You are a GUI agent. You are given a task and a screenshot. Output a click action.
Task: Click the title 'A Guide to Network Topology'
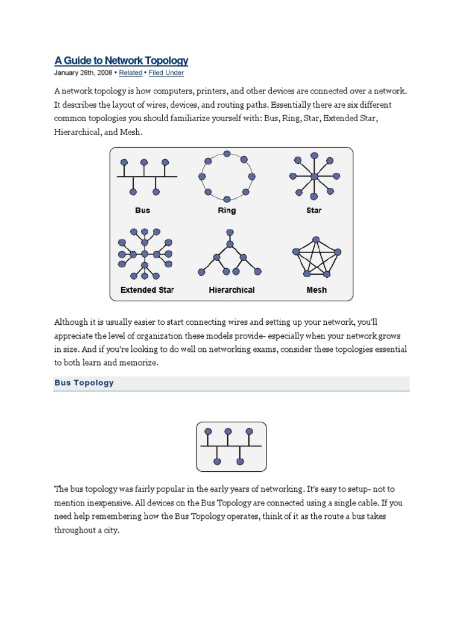click(121, 60)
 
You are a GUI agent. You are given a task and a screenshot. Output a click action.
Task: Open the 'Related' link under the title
click(131, 73)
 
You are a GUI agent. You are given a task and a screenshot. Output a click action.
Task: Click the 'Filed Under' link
click(166, 73)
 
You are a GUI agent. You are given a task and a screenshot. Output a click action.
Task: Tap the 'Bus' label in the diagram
click(143, 210)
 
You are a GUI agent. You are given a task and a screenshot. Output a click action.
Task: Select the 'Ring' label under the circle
click(227, 210)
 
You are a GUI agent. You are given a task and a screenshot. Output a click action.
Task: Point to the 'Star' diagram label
click(314, 210)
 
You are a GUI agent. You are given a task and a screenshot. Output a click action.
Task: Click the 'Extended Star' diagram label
click(147, 290)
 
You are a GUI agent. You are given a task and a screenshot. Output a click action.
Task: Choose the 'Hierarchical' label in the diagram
click(231, 290)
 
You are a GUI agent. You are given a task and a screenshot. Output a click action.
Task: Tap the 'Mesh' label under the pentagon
click(317, 290)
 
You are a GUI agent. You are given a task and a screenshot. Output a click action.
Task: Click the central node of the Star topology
click(314, 176)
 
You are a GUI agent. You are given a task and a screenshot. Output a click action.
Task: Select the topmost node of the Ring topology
click(227, 154)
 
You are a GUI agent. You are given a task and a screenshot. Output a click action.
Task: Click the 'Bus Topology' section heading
click(84, 383)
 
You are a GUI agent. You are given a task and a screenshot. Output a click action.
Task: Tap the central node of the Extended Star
click(145, 254)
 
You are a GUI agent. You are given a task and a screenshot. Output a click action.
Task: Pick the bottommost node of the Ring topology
click(227, 199)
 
